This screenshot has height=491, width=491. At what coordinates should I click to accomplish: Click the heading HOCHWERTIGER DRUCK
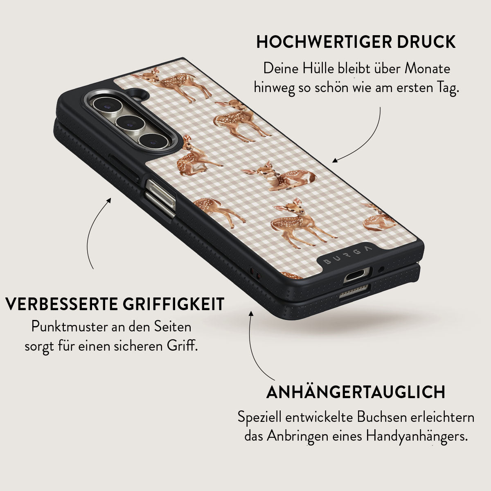(356, 42)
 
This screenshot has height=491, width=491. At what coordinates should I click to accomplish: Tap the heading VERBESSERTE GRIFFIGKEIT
(115, 304)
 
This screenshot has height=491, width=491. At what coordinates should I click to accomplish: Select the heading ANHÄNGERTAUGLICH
(356, 392)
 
